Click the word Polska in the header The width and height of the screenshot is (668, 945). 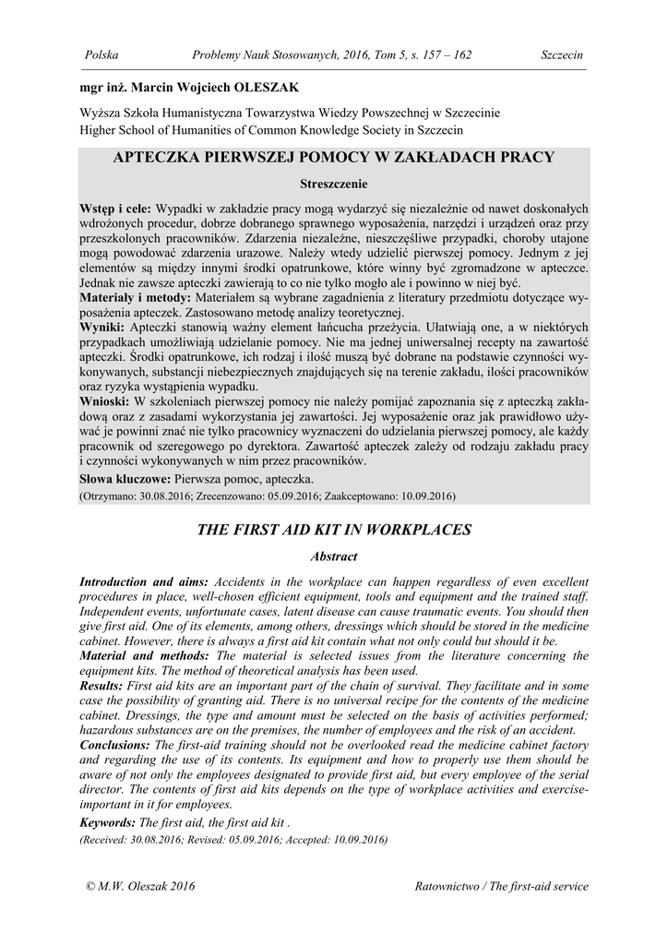pos(101,55)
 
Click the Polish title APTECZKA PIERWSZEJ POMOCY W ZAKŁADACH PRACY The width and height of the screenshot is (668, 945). pos(333,157)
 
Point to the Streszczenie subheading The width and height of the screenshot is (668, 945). pos(333,184)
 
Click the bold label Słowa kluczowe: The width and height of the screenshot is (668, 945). pos(125,479)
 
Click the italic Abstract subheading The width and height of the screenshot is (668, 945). pos(334,556)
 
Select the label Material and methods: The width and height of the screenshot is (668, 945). pos(142,655)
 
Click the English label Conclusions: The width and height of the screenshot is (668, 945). pos(115,745)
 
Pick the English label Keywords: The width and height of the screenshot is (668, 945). pos(108,821)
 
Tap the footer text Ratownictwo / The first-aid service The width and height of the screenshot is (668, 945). pos(502,887)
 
